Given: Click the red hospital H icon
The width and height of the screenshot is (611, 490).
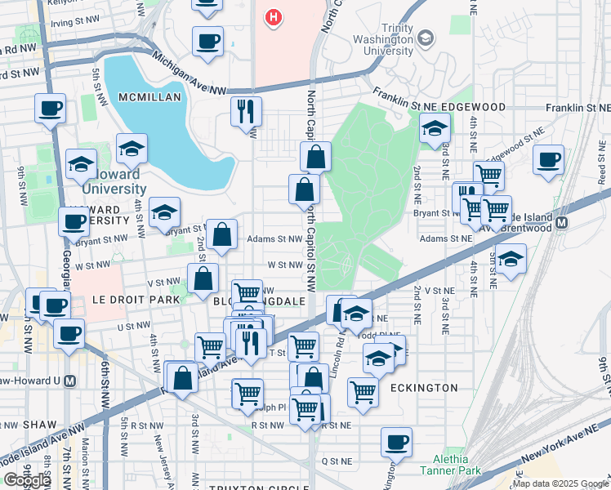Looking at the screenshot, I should click(274, 16).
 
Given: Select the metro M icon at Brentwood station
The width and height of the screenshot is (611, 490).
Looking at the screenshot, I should click(561, 221).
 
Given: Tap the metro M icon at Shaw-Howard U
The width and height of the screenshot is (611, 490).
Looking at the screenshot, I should click(69, 381).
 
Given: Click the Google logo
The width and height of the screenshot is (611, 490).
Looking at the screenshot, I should click(27, 479).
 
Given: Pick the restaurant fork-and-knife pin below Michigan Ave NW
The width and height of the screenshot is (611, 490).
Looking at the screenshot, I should click(246, 112).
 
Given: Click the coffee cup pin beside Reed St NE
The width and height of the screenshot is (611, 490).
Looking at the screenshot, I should click(549, 159).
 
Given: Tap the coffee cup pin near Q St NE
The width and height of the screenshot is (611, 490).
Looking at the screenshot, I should click(396, 442).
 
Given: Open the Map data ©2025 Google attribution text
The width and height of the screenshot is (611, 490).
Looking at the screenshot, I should click(560, 483).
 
